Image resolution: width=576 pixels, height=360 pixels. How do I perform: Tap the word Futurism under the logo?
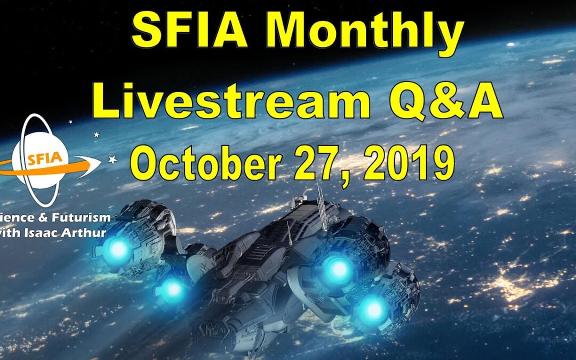[82, 217]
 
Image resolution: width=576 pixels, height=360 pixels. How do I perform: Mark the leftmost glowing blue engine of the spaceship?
[118, 248]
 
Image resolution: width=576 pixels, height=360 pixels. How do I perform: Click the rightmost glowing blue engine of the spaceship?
[374, 309]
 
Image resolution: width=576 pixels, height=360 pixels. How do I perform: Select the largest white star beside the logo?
[113, 159]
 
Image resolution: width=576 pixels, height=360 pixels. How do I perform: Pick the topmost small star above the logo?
[70, 122]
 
